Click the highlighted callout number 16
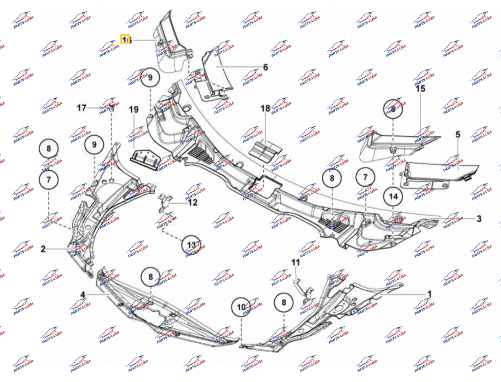pos(126,40)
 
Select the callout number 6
pos(266,67)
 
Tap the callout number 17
pos(81,108)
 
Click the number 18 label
pos(265,108)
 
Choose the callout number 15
pos(420,89)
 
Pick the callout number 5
pos(458,134)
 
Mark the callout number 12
pos(193,202)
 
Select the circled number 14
pos(393,198)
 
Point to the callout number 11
pos(295,263)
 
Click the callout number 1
pos(430,294)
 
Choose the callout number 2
pos(43,249)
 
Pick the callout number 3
pos(479,219)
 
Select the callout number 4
pos(83,294)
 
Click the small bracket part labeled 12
pos(165,200)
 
